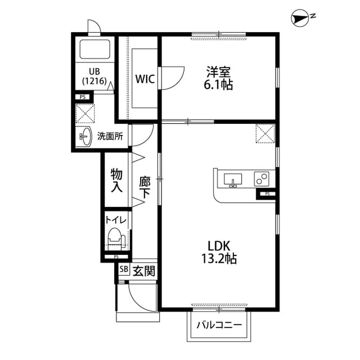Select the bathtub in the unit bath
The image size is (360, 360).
[94, 50]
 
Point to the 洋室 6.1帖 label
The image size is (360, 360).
[219, 78]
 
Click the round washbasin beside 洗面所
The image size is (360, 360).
[85, 136]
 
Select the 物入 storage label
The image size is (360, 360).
[116, 180]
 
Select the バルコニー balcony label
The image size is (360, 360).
[219, 325]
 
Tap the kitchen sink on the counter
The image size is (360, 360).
[233, 179]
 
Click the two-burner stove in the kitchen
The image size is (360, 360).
[262, 178]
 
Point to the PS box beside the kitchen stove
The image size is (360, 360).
[267, 195]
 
